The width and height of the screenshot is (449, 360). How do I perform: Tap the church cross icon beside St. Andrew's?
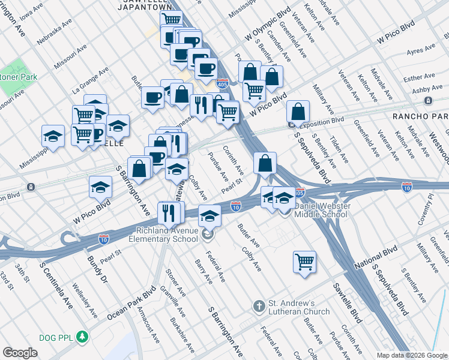259,307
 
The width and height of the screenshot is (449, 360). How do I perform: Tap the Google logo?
20,352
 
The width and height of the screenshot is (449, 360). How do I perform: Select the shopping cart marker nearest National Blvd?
305,261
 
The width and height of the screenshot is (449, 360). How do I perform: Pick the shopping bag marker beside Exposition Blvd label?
298,112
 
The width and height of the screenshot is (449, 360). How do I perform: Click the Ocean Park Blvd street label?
128,303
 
